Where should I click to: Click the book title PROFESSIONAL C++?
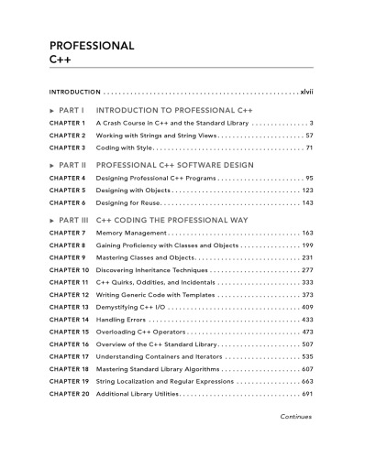[x=92, y=50]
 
